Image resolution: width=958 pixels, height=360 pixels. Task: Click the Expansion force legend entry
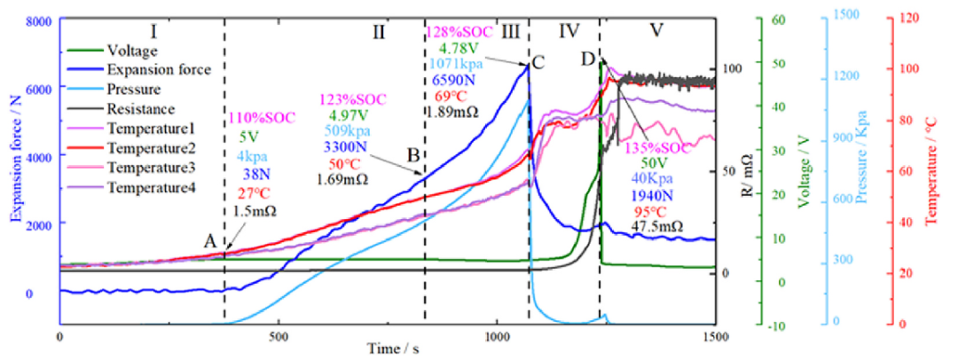(x=158, y=68)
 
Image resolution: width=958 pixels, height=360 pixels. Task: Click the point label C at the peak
(x=538, y=62)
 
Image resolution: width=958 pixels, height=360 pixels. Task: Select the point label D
(x=586, y=59)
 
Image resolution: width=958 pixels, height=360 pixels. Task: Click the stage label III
(x=510, y=32)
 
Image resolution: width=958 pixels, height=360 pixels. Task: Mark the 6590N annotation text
(x=454, y=78)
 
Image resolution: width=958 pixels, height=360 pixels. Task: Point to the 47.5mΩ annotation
(x=656, y=227)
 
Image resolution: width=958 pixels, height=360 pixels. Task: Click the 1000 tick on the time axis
(x=497, y=338)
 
